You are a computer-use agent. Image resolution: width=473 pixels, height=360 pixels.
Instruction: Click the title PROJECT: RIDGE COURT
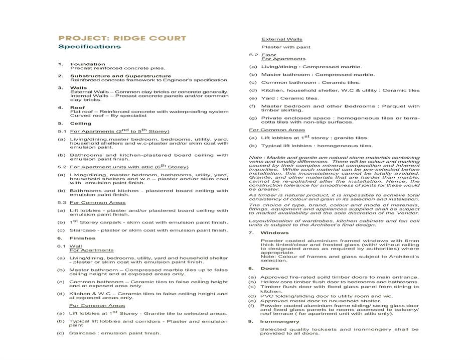(x=122, y=38)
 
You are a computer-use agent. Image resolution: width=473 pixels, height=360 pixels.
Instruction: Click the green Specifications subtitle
(x=89, y=47)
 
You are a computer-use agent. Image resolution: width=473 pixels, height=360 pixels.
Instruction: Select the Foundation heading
(x=88, y=64)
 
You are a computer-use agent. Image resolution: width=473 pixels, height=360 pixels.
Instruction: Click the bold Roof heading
(x=77, y=107)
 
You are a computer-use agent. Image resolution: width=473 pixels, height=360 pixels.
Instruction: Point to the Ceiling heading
(x=81, y=124)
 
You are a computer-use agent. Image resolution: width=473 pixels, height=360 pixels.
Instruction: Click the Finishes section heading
(x=83, y=238)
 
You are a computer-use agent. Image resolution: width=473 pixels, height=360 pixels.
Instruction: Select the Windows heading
(x=275, y=233)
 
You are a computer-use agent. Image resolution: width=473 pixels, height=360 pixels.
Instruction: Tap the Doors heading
(x=270, y=269)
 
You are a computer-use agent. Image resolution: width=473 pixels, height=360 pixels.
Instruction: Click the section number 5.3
(x=62, y=203)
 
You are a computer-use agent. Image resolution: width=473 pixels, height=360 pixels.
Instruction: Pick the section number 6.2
(x=253, y=55)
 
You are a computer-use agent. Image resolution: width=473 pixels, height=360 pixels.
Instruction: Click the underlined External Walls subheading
(x=281, y=39)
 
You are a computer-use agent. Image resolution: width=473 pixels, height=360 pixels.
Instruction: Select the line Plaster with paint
(x=285, y=47)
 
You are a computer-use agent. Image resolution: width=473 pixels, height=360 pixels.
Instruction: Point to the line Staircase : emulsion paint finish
(x=115, y=333)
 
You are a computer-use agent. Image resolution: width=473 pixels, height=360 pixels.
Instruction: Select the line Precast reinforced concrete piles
(x=117, y=68)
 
